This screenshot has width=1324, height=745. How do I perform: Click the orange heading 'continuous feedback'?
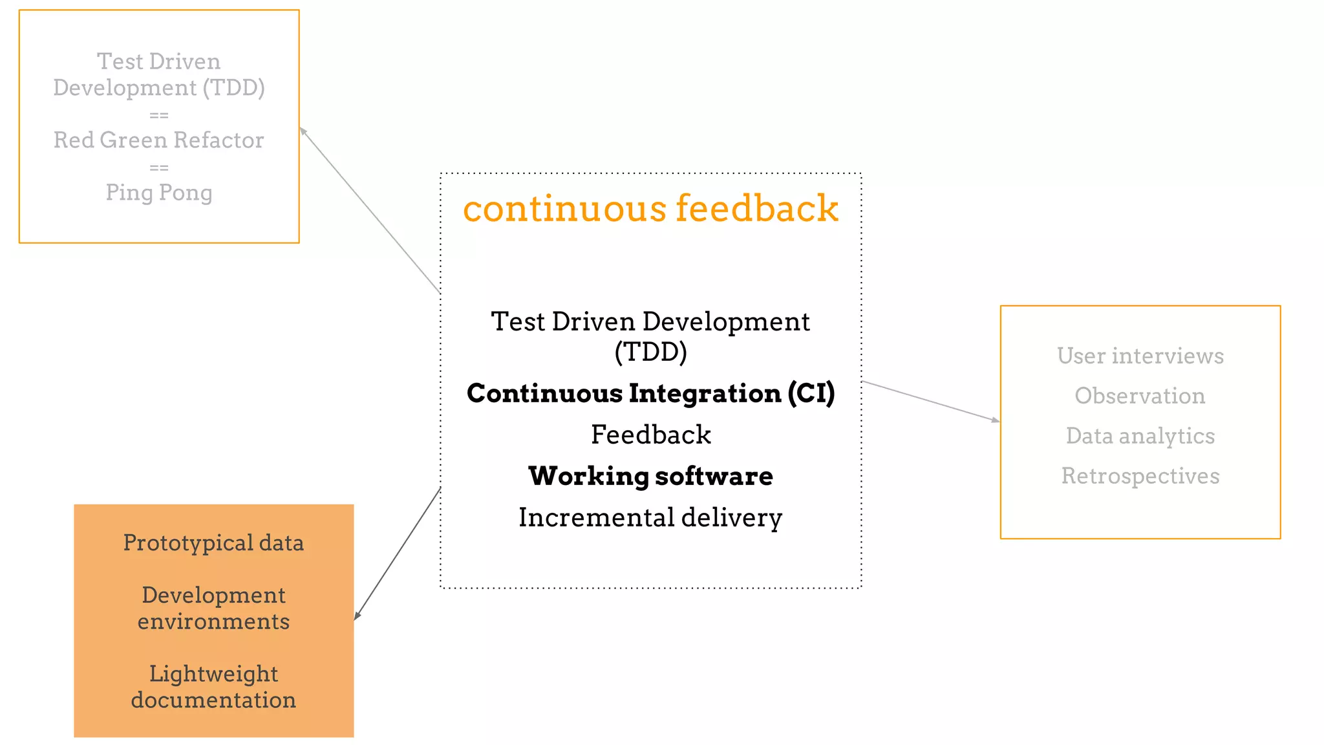(650, 209)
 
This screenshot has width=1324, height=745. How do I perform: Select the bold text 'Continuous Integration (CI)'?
(650, 393)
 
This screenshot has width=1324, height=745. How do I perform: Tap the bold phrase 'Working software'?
(650, 476)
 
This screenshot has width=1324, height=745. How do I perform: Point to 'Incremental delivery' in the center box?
(650, 517)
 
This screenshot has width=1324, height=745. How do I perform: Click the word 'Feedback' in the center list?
(650, 435)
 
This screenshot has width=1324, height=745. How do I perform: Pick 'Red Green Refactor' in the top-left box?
(158, 140)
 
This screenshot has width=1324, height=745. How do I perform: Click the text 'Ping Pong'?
(158, 192)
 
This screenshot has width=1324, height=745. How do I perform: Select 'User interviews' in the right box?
(1140, 356)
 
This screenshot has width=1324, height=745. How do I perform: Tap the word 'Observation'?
(1140, 396)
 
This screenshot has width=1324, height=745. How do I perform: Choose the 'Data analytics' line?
(1140, 436)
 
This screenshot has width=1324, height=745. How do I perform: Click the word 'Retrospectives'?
(1140, 476)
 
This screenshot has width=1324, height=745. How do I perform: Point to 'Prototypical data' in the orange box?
(213, 543)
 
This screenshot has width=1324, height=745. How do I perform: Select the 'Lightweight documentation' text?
(213, 687)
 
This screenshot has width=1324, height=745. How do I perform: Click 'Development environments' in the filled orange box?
(213, 608)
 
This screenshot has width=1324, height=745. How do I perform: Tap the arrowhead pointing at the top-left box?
(303, 131)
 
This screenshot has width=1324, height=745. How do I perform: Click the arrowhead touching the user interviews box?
(996, 420)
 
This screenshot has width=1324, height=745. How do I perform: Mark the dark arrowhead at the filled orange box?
(357, 616)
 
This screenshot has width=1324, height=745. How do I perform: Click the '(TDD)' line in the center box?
(650, 352)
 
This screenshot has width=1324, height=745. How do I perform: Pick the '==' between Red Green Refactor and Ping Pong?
(158, 167)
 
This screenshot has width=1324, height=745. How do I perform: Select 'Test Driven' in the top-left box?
(158, 61)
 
